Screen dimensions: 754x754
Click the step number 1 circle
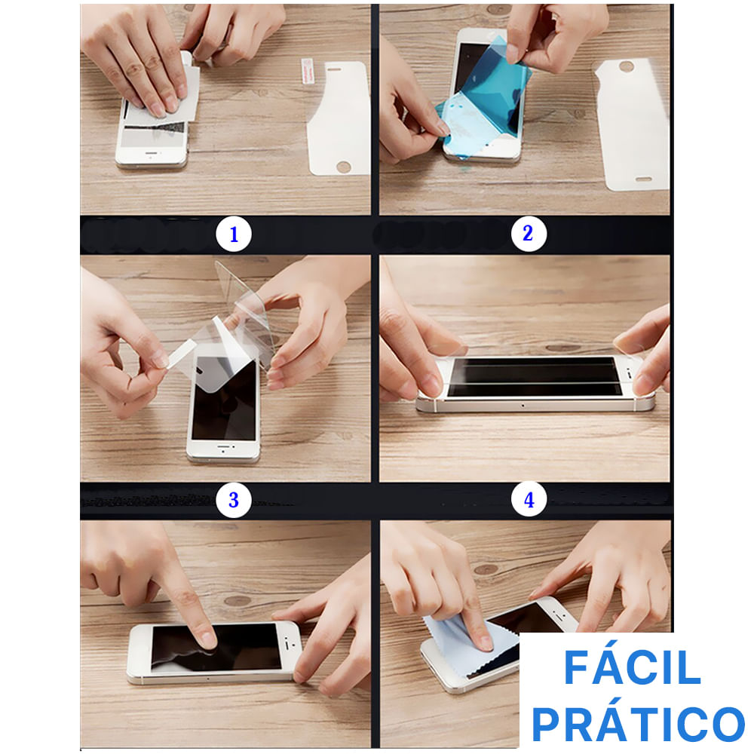[234, 234]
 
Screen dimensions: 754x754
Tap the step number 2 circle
[528, 233]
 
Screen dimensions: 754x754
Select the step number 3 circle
[234, 500]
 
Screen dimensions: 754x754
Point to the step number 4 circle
[529, 499]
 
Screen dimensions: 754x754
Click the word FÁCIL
[633, 667]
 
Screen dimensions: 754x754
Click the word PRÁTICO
[638, 723]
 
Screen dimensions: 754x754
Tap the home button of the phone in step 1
[152, 155]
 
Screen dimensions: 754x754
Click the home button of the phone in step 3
[224, 452]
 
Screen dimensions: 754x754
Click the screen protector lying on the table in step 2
[631, 124]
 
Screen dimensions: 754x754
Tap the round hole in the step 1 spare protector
[343, 167]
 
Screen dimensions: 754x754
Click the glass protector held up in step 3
[245, 313]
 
